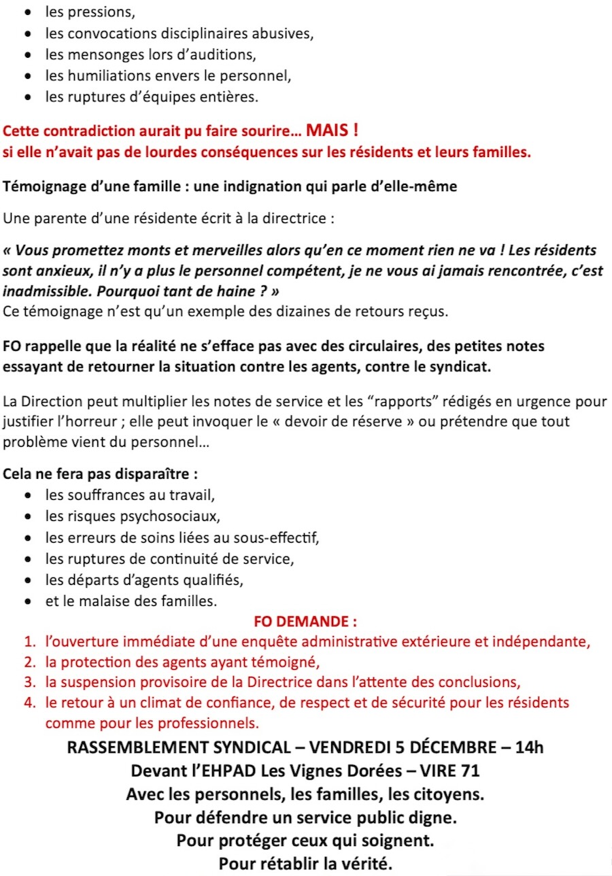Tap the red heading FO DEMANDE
click(305, 622)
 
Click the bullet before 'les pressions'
click(28, 13)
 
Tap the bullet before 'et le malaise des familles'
click(28, 602)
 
